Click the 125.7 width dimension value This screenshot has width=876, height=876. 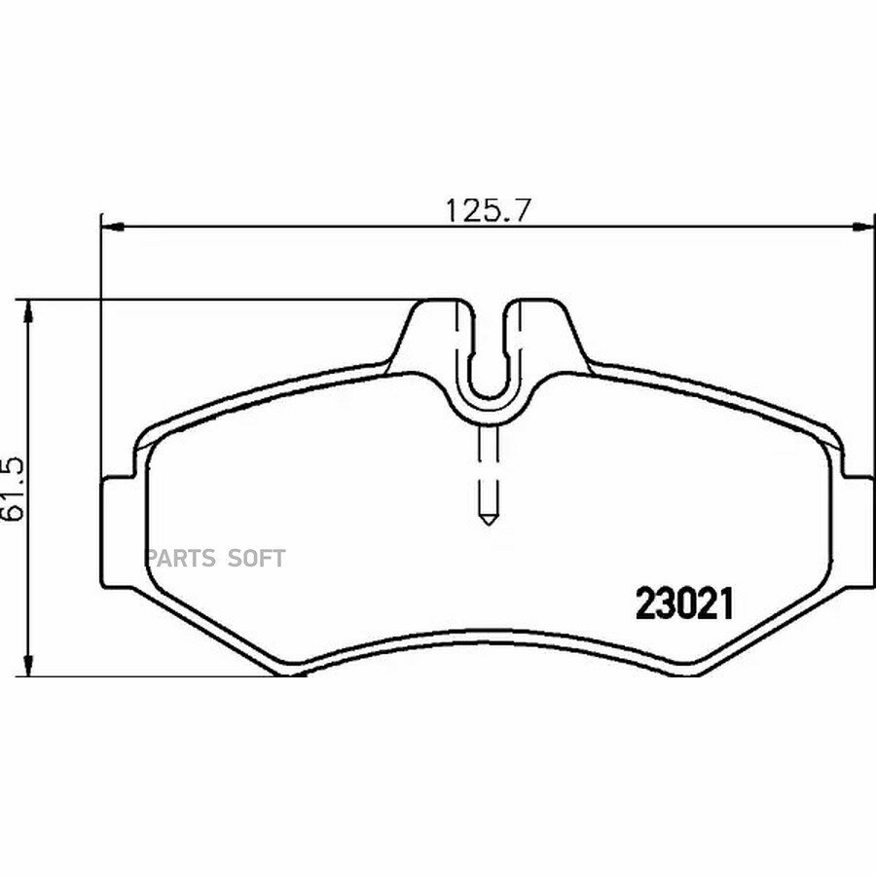(x=487, y=210)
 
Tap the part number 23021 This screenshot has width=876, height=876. (x=684, y=605)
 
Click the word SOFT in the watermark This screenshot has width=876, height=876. (x=256, y=558)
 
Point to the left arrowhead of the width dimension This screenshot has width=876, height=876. (x=111, y=226)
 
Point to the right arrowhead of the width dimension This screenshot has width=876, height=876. (x=862, y=226)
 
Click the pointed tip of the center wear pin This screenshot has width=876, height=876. (x=489, y=524)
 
